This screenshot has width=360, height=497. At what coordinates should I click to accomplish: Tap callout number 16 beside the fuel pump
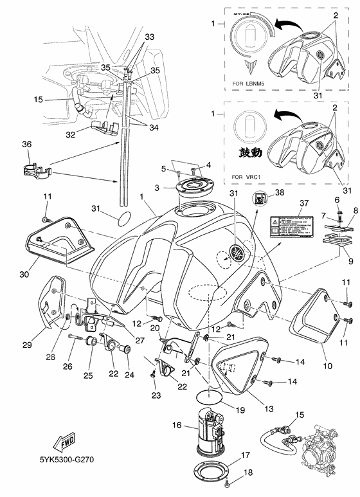click(177, 426)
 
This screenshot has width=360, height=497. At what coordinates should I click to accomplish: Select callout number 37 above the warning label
click(303, 203)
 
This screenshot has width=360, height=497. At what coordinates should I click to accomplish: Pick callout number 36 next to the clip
click(27, 145)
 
